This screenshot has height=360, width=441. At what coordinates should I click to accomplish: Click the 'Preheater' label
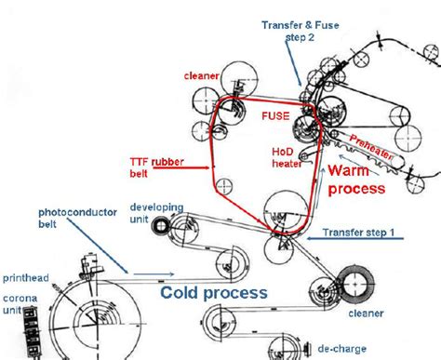click(x=378, y=149)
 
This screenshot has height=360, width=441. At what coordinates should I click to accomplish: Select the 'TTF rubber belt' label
click(x=154, y=167)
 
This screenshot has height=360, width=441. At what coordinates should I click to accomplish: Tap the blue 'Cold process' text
click(x=214, y=292)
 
